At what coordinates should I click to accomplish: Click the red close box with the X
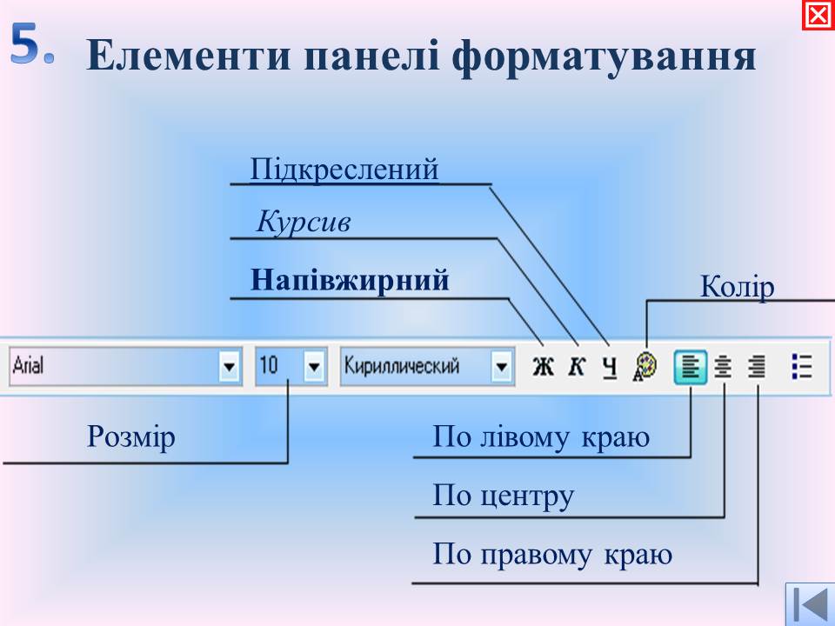coord(818,16)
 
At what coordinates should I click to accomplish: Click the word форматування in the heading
coord(604,56)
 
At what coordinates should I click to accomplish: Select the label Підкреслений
coord(344,170)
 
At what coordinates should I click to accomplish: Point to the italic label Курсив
coord(304,222)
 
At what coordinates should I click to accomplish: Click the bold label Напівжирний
coord(350,280)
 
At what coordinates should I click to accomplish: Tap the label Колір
coord(737,287)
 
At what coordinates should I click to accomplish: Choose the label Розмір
coord(131,437)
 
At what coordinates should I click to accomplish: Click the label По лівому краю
coord(541,437)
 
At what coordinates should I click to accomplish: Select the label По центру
coord(504,496)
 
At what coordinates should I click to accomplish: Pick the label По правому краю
coord(552,556)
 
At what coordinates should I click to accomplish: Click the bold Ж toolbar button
coord(543,367)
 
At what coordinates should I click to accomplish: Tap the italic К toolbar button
coord(577,367)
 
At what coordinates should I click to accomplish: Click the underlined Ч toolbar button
coord(611,367)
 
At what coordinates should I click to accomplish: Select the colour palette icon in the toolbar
coord(645,367)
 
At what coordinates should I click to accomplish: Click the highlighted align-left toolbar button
coord(691,367)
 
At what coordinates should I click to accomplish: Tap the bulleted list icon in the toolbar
coord(802,367)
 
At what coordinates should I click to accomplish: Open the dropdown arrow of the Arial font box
coord(229,366)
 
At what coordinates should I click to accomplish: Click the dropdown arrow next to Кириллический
coord(501,366)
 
